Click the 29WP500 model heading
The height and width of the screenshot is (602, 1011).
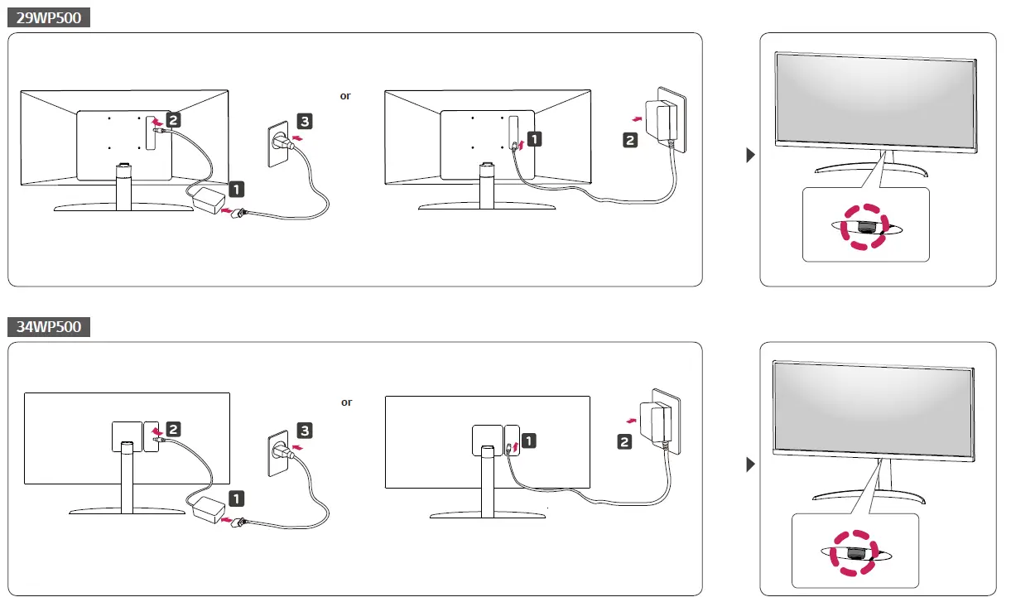tap(49, 17)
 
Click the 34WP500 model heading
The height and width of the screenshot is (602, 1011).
tap(49, 327)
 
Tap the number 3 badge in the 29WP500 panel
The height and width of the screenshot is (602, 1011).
tap(305, 122)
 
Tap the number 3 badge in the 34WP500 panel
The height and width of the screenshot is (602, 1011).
tap(305, 431)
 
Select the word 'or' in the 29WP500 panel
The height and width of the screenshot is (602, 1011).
tap(345, 96)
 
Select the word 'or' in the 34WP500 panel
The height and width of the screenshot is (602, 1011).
tap(346, 402)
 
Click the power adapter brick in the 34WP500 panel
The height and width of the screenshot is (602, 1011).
tap(210, 508)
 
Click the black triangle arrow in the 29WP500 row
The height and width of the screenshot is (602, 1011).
tap(751, 155)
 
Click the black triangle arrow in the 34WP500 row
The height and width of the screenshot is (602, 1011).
tap(751, 465)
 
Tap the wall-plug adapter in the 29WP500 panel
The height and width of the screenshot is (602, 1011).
tap(667, 121)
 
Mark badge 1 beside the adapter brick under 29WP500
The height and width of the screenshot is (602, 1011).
tap(236, 190)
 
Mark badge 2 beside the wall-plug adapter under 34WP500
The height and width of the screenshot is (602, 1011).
tap(624, 442)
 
